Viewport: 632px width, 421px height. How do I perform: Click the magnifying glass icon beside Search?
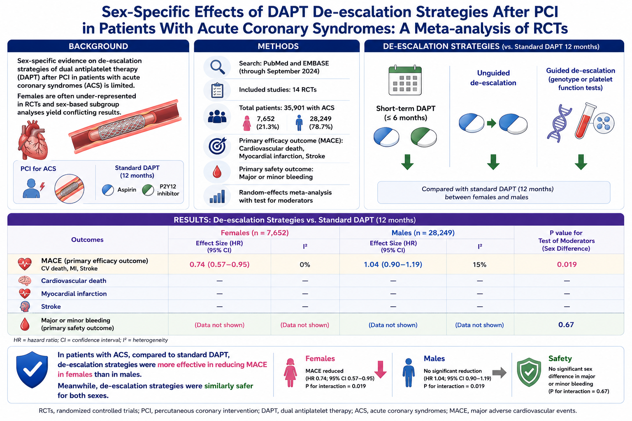click(217, 67)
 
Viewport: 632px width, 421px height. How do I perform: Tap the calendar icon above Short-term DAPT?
click(405, 81)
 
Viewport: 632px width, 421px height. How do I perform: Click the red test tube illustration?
click(585, 121)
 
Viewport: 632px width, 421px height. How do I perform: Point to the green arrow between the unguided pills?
click(492, 123)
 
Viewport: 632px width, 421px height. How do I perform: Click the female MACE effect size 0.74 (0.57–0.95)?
click(219, 264)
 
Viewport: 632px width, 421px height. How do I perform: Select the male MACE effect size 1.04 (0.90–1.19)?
click(393, 264)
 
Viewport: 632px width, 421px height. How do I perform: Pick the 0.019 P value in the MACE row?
click(567, 264)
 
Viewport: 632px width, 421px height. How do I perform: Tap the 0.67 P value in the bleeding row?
click(566, 324)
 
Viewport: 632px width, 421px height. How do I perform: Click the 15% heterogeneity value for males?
click(480, 264)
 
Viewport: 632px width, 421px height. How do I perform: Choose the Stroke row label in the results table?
click(51, 307)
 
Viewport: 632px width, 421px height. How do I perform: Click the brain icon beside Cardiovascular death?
click(25, 281)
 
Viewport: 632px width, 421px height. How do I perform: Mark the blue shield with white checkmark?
click(32, 370)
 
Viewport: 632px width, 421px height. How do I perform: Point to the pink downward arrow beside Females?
click(380, 369)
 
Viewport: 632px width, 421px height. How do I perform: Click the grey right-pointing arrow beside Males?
click(500, 373)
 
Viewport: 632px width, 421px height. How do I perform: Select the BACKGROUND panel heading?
click(98, 46)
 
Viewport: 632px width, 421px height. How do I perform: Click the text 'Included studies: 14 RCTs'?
click(278, 90)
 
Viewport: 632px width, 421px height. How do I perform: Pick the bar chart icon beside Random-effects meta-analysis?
click(217, 196)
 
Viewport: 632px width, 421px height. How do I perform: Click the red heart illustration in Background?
click(33, 139)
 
